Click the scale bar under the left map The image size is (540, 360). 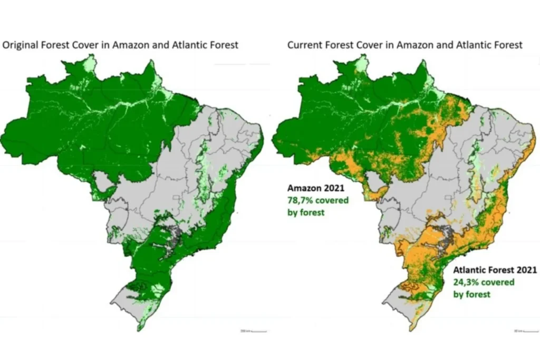254,331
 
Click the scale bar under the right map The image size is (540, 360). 525,331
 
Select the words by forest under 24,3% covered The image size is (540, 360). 472,294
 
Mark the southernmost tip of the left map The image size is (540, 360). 139,330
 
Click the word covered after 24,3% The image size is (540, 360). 497,282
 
